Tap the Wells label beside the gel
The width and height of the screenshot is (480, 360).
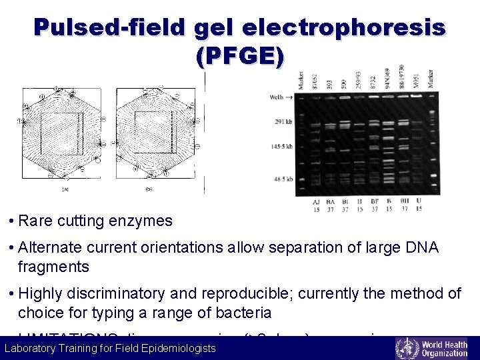[x=276, y=97]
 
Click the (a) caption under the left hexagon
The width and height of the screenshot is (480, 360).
[x=65, y=189]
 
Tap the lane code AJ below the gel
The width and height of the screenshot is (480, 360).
[x=316, y=201]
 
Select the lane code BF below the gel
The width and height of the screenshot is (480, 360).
[x=375, y=201]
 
